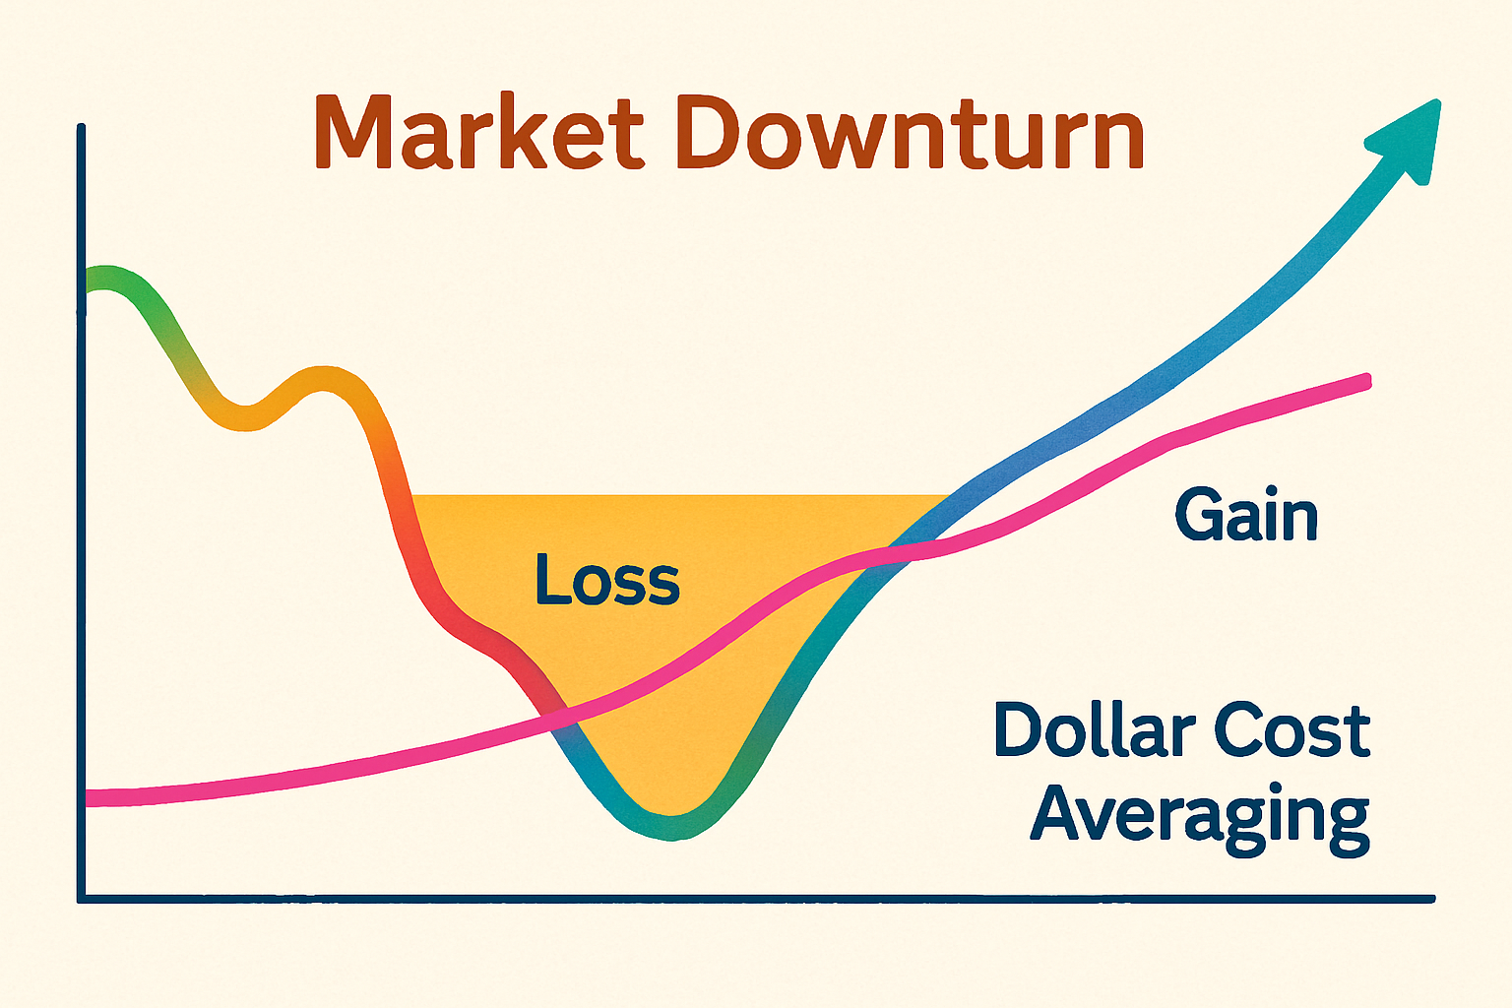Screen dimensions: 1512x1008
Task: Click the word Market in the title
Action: click(x=479, y=131)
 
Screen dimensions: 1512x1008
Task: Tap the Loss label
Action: click(x=607, y=579)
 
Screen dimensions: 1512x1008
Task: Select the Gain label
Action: click(x=1246, y=515)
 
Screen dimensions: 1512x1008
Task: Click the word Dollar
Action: click(x=1096, y=730)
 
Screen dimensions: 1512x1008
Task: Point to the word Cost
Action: click(x=1292, y=730)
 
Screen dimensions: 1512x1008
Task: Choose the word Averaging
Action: click(x=1200, y=818)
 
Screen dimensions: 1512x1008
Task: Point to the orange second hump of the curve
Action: click(x=324, y=379)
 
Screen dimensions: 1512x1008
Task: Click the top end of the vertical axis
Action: click(x=81, y=128)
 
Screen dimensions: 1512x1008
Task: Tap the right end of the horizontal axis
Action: click(x=1431, y=899)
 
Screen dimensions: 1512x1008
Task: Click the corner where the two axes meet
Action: click(x=82, y=899)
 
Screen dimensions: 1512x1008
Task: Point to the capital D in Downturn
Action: click(x=709, y=131)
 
